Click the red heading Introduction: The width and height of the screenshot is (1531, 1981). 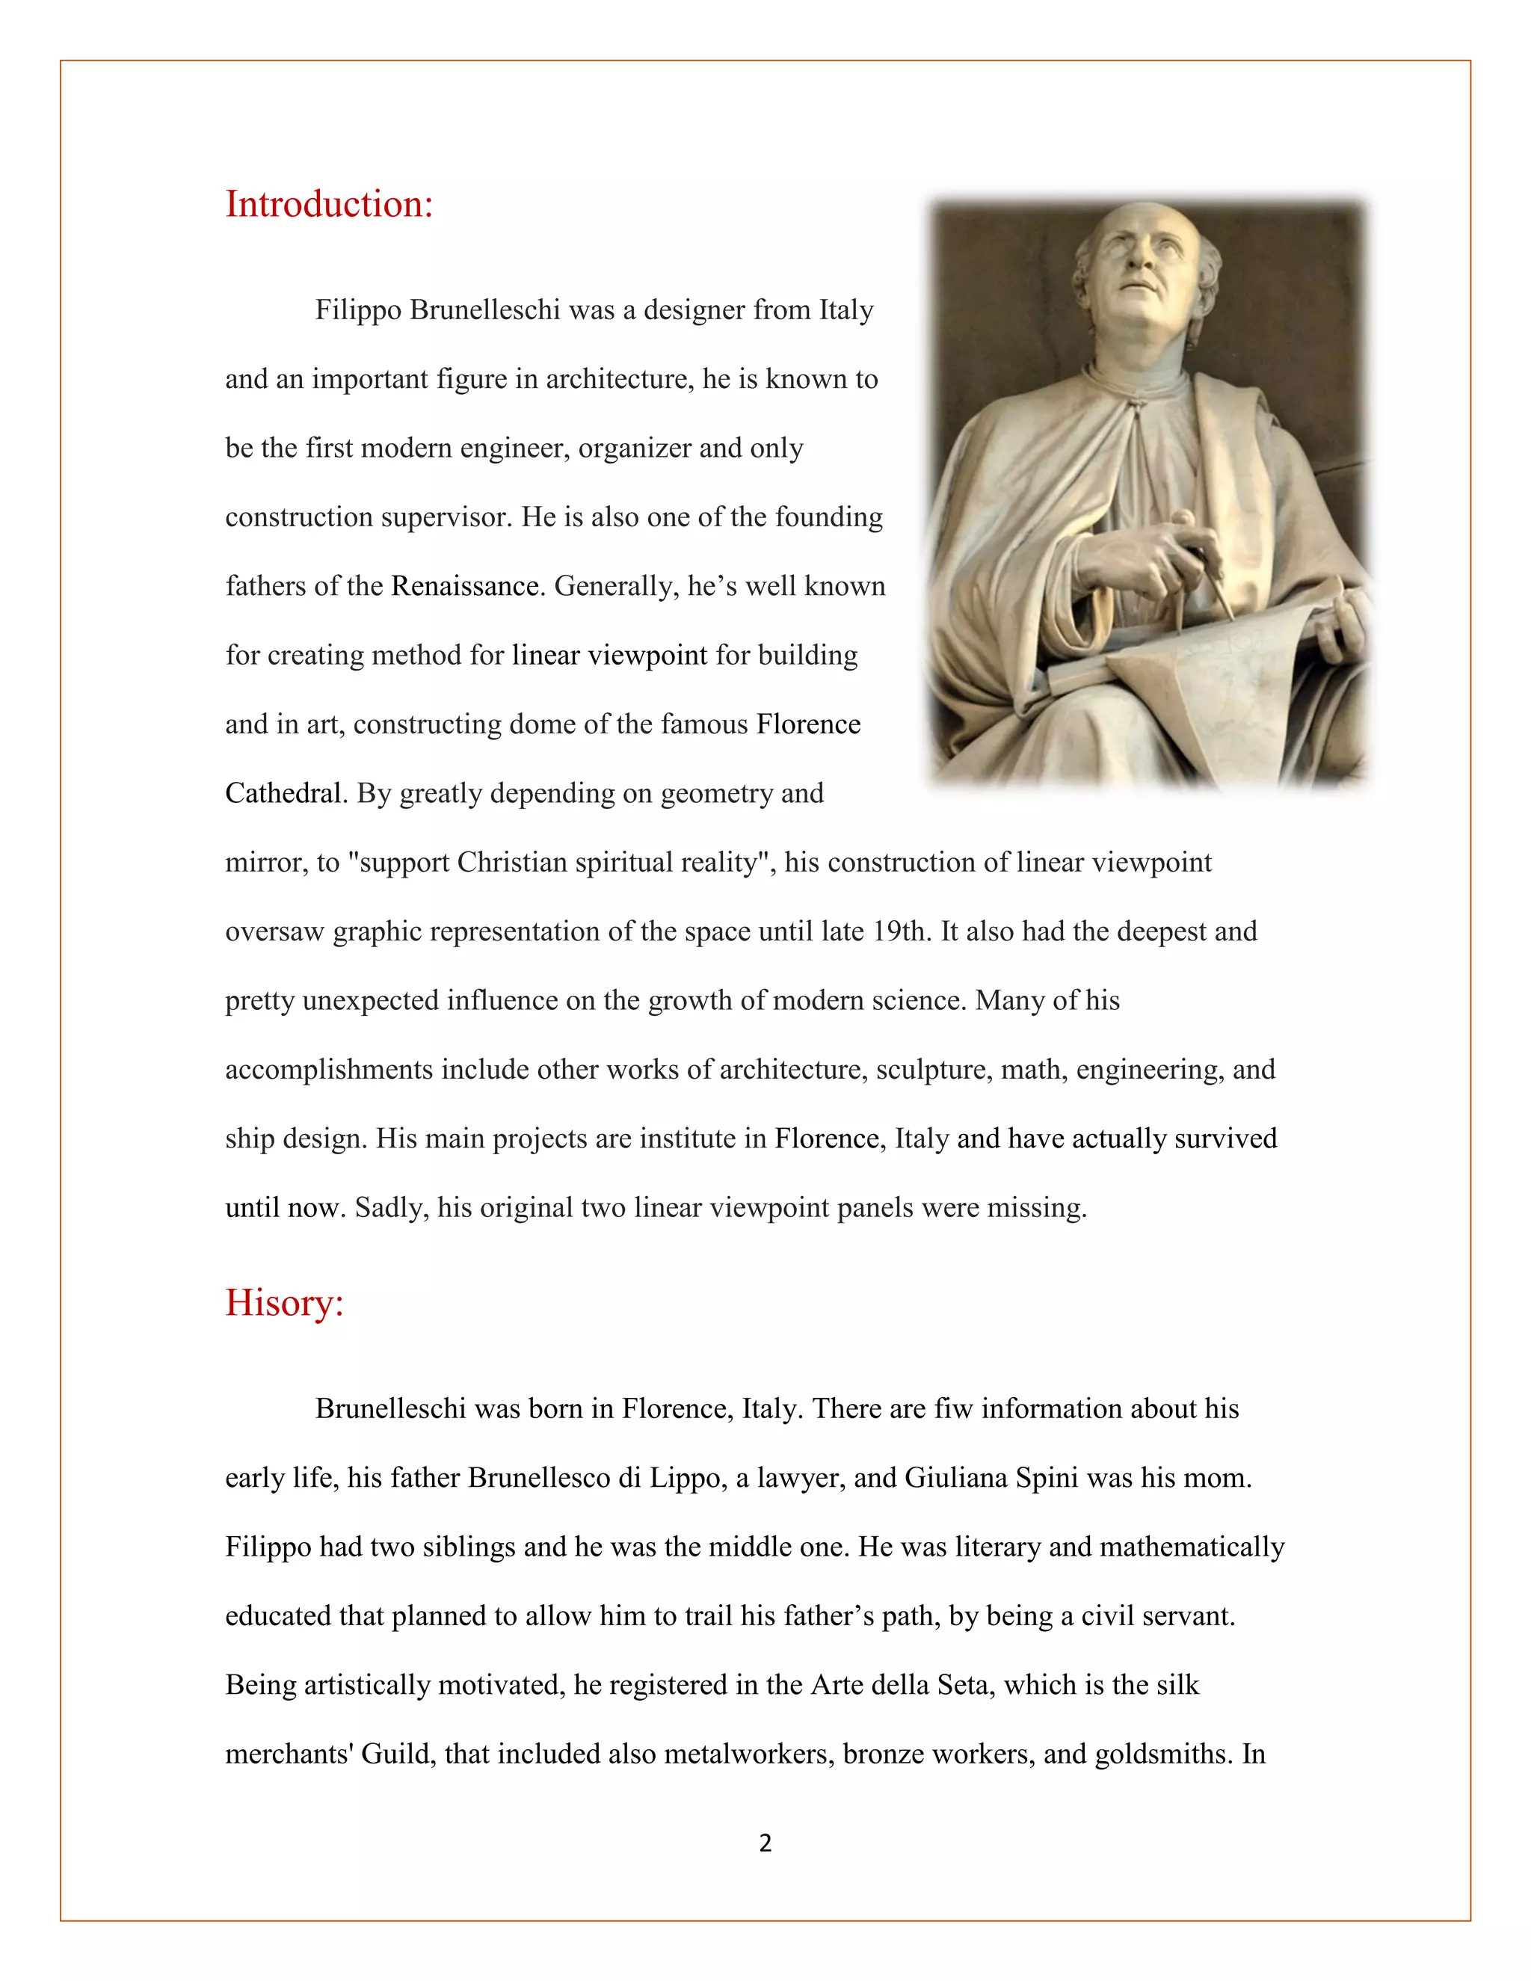[x=328, y=204]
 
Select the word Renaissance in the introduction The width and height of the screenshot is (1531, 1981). [x=465, y=586]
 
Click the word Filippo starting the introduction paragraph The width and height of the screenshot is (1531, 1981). [x=358, y=310]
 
